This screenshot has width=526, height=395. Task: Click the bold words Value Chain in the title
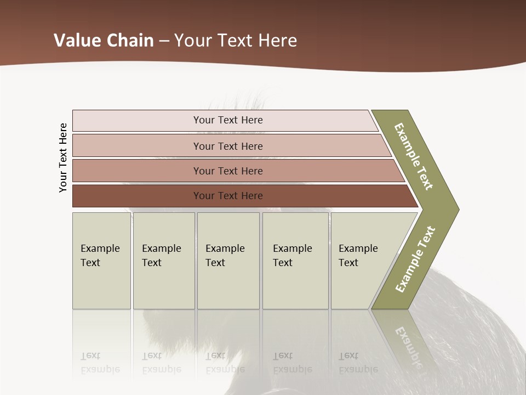(x=104, y=41)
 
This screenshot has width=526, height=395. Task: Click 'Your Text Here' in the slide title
(x=236, y=41)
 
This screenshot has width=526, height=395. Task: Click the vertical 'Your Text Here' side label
(x=63, y=157)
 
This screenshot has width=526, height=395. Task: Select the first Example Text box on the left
(x=101, y=261)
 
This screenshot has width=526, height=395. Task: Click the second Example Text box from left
(x=164, y=261)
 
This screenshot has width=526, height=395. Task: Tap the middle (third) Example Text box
(x=228, y=261)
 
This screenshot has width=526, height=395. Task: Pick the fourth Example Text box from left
(x=295, y=261)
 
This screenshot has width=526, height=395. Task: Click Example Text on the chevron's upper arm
(x=414, y=156)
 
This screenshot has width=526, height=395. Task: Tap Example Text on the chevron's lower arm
(x=415, y=259)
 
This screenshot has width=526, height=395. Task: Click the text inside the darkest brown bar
(x=228, y=196)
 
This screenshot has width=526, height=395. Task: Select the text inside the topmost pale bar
(x=228, y=120)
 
